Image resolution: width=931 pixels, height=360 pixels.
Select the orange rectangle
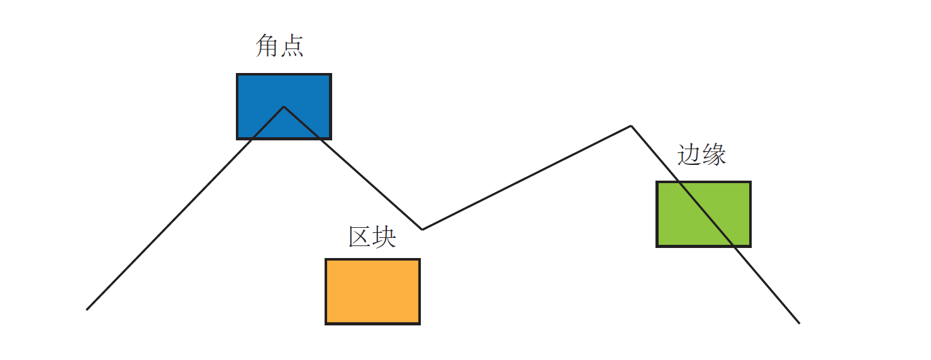tap(372, 291)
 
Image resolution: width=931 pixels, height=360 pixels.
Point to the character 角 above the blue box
tap(267, 46)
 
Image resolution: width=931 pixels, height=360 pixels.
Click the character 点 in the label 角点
tap(292, 46)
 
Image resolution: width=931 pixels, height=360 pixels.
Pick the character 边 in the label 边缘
tap(689, 154)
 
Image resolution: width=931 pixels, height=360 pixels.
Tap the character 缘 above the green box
tap(714, 154)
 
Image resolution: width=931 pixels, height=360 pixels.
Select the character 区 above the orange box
tap(360, 236)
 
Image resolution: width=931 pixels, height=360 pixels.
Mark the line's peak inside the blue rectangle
tap(284, 107)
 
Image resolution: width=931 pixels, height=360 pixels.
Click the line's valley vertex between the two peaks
tap(422, 229)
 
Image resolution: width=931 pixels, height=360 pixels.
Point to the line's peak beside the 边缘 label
tap(631, 127)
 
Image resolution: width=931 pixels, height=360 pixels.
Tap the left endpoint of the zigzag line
tap(87, 309)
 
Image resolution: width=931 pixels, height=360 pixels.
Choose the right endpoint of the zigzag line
tap(799, 323)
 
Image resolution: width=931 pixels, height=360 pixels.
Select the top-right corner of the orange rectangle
tap(419, 259)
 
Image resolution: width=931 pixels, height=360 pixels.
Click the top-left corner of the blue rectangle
tap(238, 75)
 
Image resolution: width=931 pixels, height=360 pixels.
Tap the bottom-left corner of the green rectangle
tap(657, 245)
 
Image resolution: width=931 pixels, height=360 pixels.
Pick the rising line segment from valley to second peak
tap(527, 178)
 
